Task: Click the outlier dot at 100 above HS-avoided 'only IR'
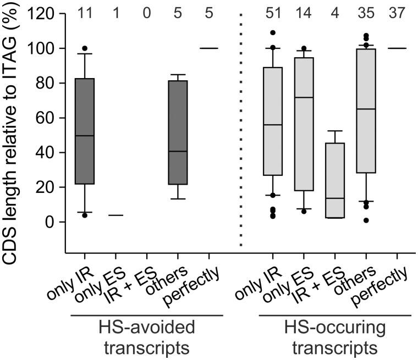point(84,48)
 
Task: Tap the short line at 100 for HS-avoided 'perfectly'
point(209,48)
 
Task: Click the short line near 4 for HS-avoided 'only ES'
point(116,215)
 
